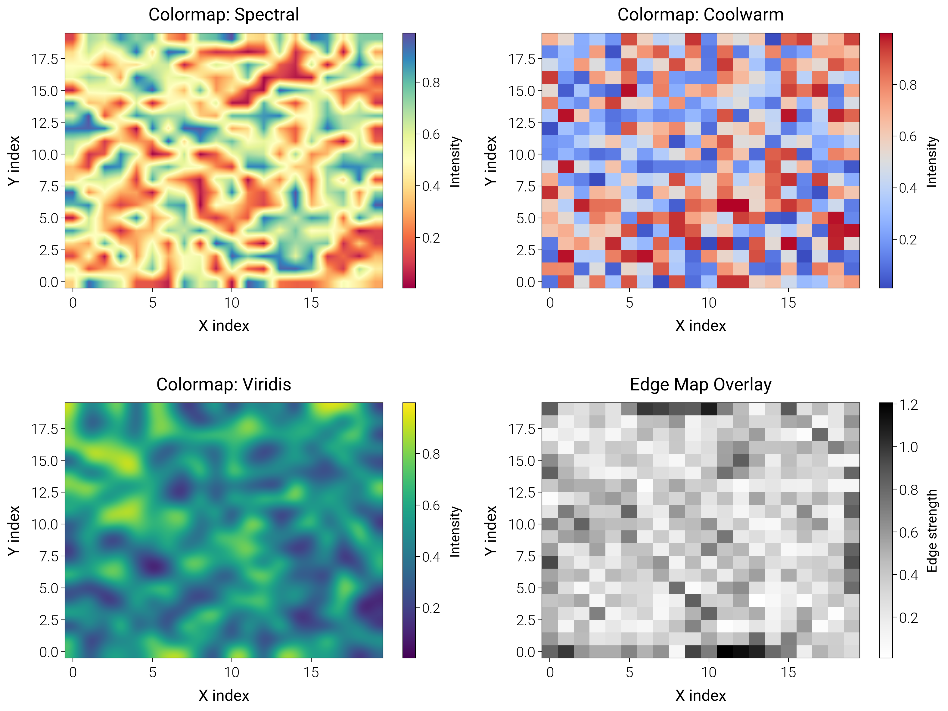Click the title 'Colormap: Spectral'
click(x=223, y=14)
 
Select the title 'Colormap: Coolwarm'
click(x=700, y=14)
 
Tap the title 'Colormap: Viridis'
click(x=223, y=384)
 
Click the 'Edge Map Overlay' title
click(x=700, y=384)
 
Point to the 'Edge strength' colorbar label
click(x=932, y=531)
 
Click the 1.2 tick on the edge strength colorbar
click(x=909, y=405)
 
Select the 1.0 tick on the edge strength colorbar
click(x=909, y=447)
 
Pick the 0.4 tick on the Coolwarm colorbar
click(x=908, y=188)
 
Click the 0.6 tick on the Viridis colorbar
click(x=431, y=505)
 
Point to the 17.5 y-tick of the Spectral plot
click(x=45, y=59)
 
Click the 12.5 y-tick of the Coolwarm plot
click(x=522, y=123)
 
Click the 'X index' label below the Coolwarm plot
click(x=700, y=326)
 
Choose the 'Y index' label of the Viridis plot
click(x=14, y=531)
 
